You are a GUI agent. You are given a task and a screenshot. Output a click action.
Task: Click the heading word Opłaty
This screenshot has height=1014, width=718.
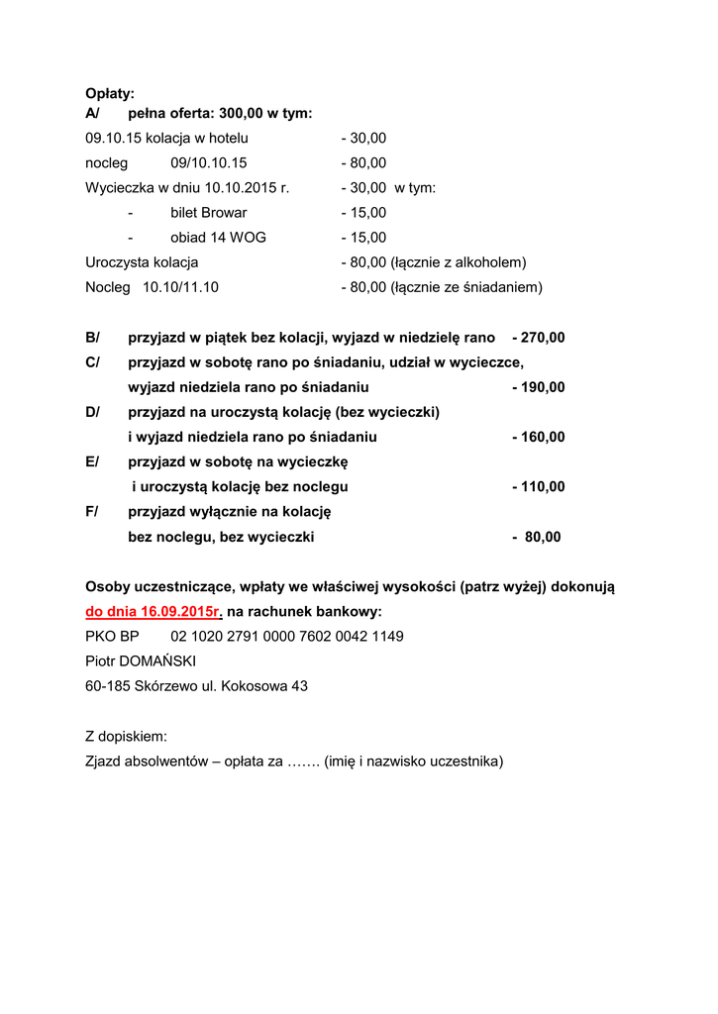pyautogui.click(x=110, y=93)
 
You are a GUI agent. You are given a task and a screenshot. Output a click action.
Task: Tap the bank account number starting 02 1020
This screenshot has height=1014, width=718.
pyautogui.click(x=287, y=636)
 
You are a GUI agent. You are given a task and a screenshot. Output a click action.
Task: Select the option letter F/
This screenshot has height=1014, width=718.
pyautogui.click(x=93, y=512)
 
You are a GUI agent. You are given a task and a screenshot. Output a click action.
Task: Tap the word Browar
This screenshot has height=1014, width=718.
pyautogui.click(x=224, y=213)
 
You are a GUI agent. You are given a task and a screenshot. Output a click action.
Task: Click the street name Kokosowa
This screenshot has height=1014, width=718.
pyautogui.click(x=256, y=685)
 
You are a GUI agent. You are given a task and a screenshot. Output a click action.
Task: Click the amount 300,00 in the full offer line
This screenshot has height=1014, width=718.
pyautogui.click(x=247, y=114)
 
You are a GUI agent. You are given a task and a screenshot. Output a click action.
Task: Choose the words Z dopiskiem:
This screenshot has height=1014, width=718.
pyautogui.click(x=127, y=736)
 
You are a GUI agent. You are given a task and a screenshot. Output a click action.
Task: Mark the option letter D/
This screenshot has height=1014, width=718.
pyautogui.click(x=93, y=412)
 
